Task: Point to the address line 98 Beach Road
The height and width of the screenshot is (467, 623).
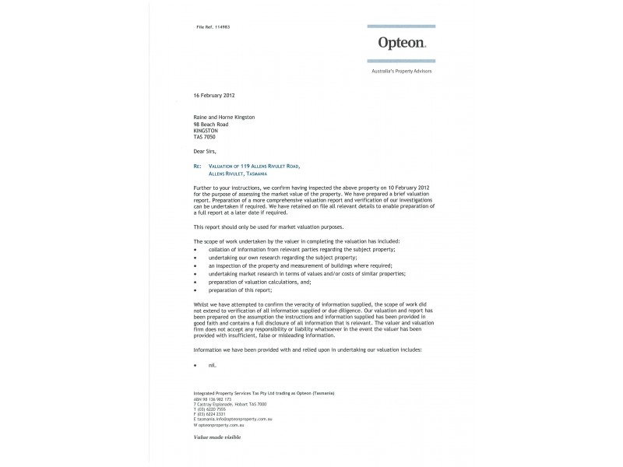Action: pyautogui.click(x=211, y=124)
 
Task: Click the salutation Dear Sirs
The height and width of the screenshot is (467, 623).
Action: pyautogui.click(x=206, y=152)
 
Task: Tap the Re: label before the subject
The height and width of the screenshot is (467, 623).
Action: pyautogui.click(x=197, y=167)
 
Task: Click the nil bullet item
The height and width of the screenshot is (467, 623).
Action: pyautogui.click(x=212, y=364)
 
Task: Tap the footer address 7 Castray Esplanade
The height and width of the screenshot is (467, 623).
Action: pyautogui.click(x=231, y=405)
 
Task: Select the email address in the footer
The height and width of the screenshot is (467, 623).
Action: pyautogui.click(x=234, y=420)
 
